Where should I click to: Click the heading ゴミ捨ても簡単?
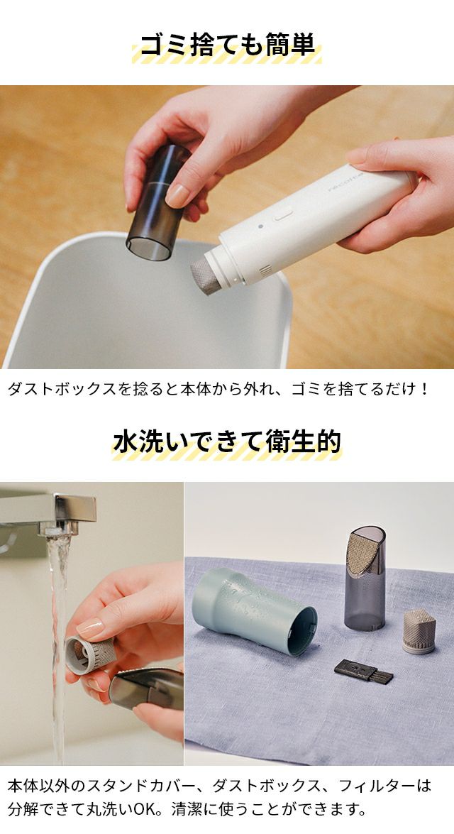[227, 45]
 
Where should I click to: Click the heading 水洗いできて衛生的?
[227, 441]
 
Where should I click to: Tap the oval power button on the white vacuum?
[283, 215]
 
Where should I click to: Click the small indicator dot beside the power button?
[260, 226]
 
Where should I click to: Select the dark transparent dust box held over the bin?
[159, 202]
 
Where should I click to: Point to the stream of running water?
[59, 638]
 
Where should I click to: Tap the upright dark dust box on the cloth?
[365, 578]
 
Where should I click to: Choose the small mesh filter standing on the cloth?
[419, 632]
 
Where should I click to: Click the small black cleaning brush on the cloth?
[364, 671]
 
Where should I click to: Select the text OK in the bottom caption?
[143, 810]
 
